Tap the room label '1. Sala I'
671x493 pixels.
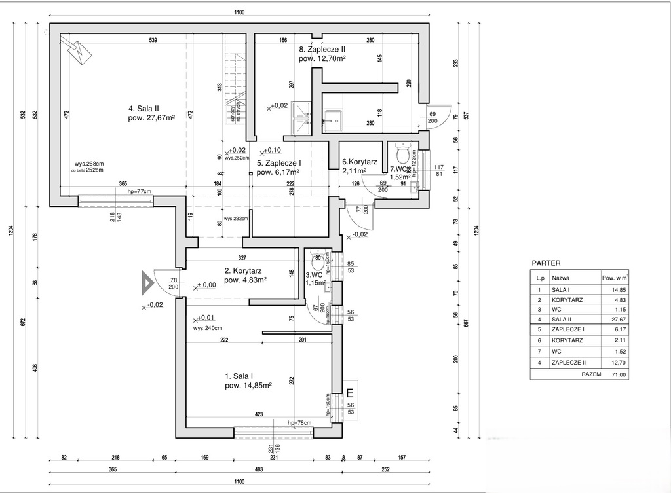pyautogui.click(x=239, y=376)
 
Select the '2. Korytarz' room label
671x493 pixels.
pyautogui.click(x=243, y=270)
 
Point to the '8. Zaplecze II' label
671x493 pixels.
pyautogui.click(x=321, y=49)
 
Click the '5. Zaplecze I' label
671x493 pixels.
pyautogui.click(x=278, y=163)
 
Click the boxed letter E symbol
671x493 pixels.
pyautogui.click(x=350, y=393)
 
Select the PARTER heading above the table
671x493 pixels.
pyautogui.click(x=546, y=263)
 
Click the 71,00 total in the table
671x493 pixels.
pyautogui.click(x=619, y=374)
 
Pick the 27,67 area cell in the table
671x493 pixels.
pyautogui.click(x=619, y=318)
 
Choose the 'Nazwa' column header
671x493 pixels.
pyautogui.click(x=560, y=278)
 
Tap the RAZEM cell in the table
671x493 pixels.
pyautogui.click(x=591, y=374)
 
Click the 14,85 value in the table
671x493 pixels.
pyautogui.click(x=619, y=289)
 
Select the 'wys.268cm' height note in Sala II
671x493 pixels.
pyautogui.click(x=90, y=164)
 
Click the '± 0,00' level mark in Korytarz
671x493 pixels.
pyautogui.click(x=207, y=285)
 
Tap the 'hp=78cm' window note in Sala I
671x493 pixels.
pyautogui.click(x=299, y=424)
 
